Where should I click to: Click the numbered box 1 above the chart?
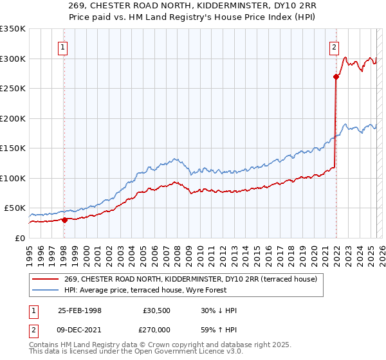tap(64, 46)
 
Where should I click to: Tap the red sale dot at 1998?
tap(64, 219)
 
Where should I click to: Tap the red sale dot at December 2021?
tap(336, 76)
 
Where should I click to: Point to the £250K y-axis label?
tap(13, 89)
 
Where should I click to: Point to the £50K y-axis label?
tap(15, 208)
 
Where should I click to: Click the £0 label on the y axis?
tap(21, 238)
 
